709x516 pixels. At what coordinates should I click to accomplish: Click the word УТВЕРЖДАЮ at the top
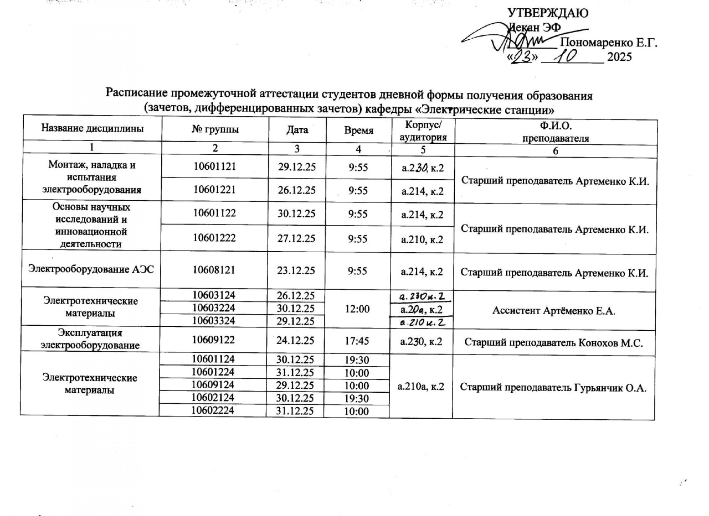548,13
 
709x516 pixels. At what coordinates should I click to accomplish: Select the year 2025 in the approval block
619,57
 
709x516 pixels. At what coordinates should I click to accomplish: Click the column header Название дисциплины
92,128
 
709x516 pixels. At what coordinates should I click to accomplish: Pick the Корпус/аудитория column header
423,131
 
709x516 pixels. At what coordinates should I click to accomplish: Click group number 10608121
214,270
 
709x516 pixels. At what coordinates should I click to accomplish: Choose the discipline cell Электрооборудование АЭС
91,269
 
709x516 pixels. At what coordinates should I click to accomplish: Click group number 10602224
213,410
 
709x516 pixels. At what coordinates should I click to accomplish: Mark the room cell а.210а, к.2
421,387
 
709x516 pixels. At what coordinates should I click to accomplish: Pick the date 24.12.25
295,340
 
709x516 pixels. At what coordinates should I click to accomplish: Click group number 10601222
214,238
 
